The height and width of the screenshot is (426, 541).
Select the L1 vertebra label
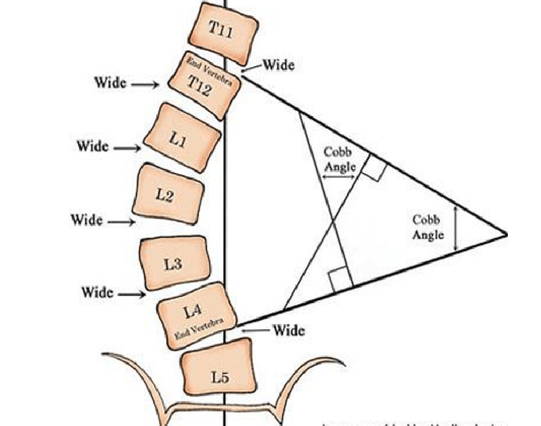click(x=178, y=140)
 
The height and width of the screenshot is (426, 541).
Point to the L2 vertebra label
click(x=165, y=195)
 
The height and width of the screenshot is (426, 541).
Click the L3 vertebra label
click(x=173, y=264)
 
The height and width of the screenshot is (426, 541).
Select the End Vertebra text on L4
click(x=197, y=327)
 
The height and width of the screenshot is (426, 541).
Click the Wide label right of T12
click(x=279, y=65)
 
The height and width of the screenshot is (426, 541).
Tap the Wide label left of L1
click(x=93, y=147)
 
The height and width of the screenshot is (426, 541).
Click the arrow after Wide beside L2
click(x=121, y=222)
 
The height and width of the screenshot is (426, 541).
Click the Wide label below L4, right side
click(x=289, y=330)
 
